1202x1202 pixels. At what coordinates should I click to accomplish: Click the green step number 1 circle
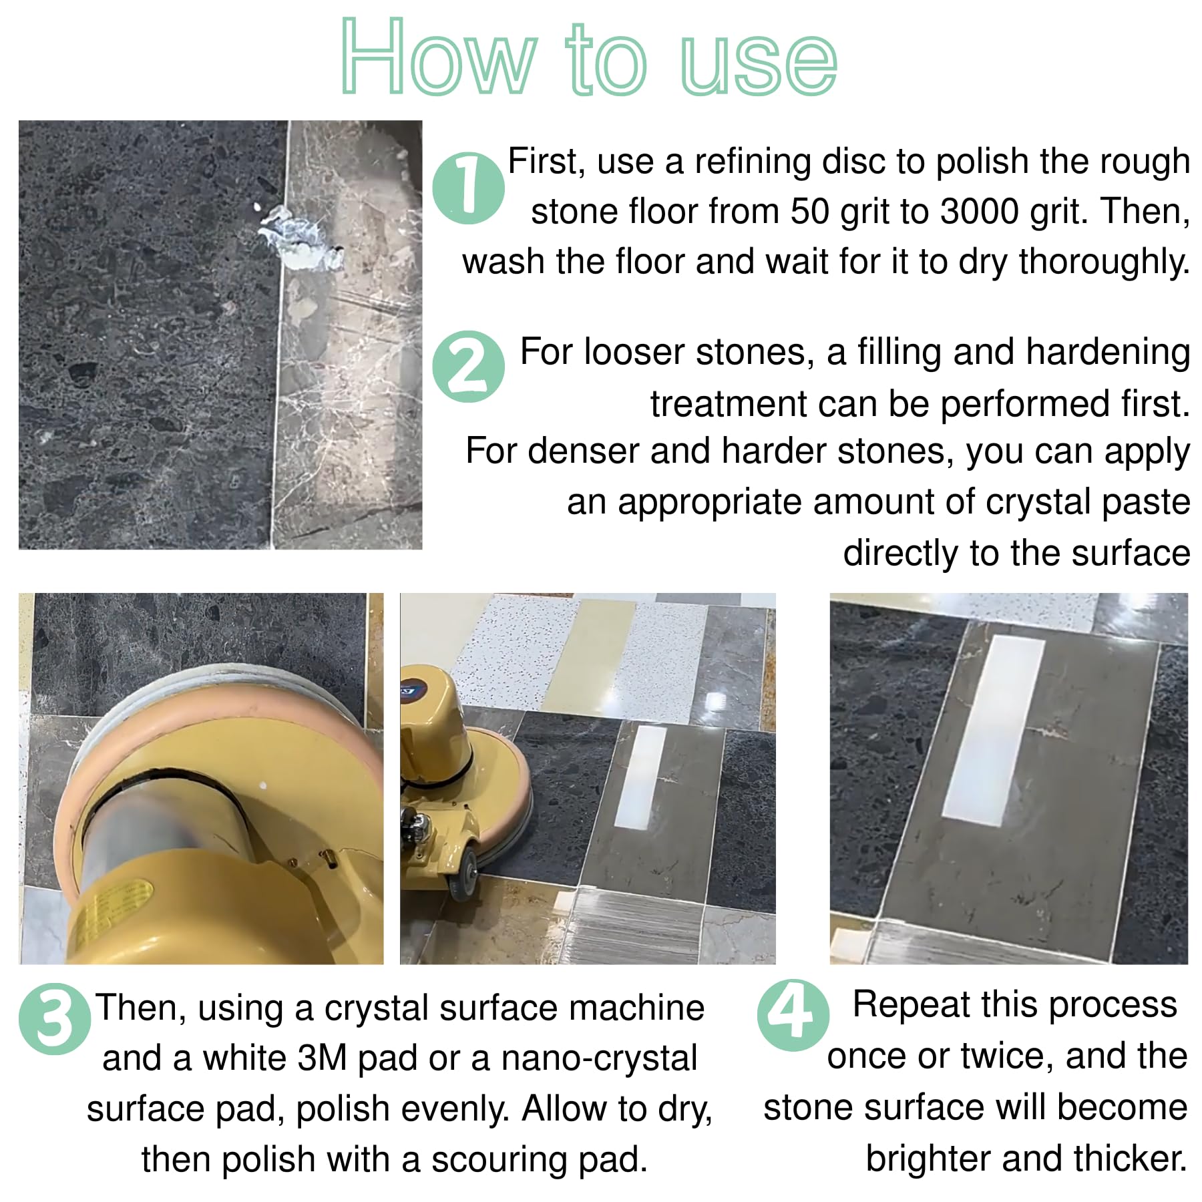[468, 188]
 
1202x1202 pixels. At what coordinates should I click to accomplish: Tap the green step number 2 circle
[468, 367]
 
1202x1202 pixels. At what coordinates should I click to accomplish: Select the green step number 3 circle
[55, 1019]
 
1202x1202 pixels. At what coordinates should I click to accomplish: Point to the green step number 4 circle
[793, 1015]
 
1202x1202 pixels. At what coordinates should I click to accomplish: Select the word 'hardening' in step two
[1108, 353]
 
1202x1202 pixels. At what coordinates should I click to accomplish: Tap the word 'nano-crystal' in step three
[599, 1059]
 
